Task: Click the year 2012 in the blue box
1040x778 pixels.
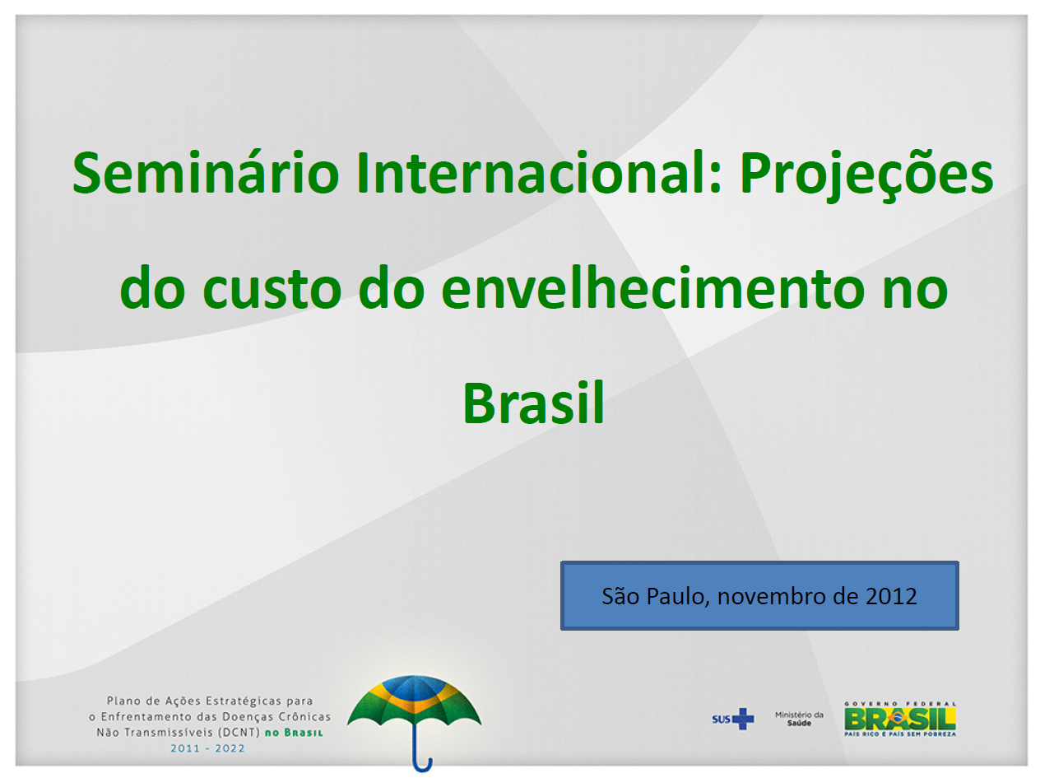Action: coord(891,596)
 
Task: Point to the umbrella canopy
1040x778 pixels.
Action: coord(414,704)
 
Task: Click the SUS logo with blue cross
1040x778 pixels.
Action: coord(732,719)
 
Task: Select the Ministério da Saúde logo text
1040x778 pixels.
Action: coord(798,719)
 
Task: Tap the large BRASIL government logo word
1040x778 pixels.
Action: coord(899,719)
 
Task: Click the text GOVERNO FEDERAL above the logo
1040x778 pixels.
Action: coord(899,703)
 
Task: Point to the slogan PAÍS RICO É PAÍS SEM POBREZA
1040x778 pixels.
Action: coord(899,734)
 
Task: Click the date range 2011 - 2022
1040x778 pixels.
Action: coord(207,748)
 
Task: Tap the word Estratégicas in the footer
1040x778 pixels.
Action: coord(238,701)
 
